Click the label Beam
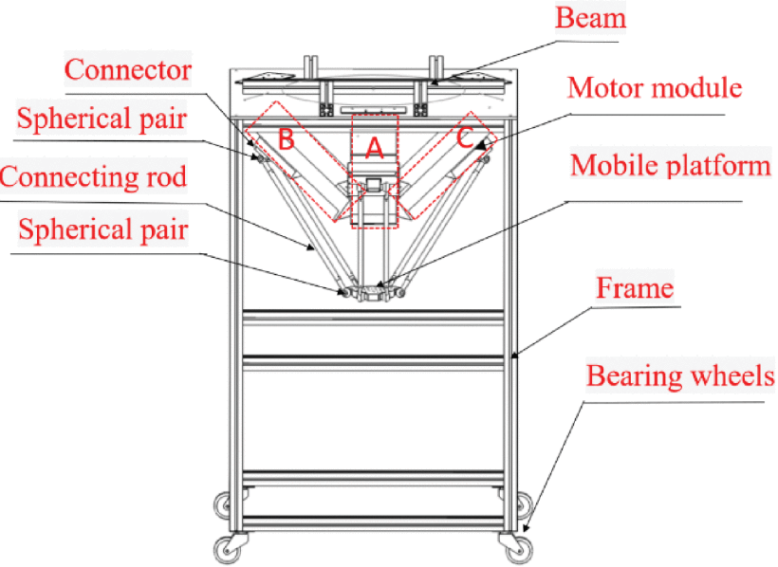589,18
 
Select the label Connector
128,69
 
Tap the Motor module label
654,88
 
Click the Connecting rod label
94,175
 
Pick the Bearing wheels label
680,375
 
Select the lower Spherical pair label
102,229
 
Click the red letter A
374,147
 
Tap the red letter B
285,138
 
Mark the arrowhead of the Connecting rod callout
316,251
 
